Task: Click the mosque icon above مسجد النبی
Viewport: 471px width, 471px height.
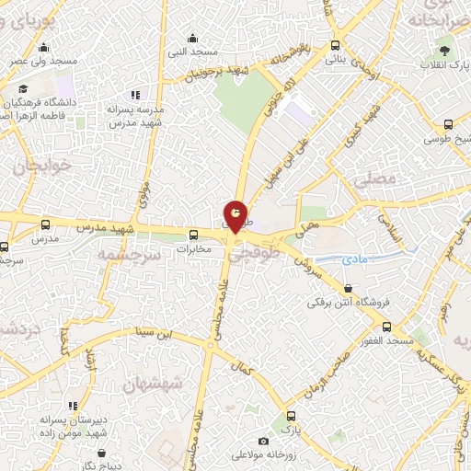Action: tap(192, 38)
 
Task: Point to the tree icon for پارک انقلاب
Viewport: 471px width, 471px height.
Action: tap(446, 49)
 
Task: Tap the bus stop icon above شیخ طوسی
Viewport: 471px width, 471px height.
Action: tap(448, 124)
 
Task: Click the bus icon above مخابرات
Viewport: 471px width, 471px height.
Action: tap(194, 235)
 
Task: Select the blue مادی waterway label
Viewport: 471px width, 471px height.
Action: tap(354, 260)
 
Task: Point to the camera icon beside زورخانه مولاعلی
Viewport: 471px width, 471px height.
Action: tap(264, 442)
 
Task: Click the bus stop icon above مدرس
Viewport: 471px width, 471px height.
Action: tap(46, 224)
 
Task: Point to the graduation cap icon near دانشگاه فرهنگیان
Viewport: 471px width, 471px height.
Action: tap(22, 89)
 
